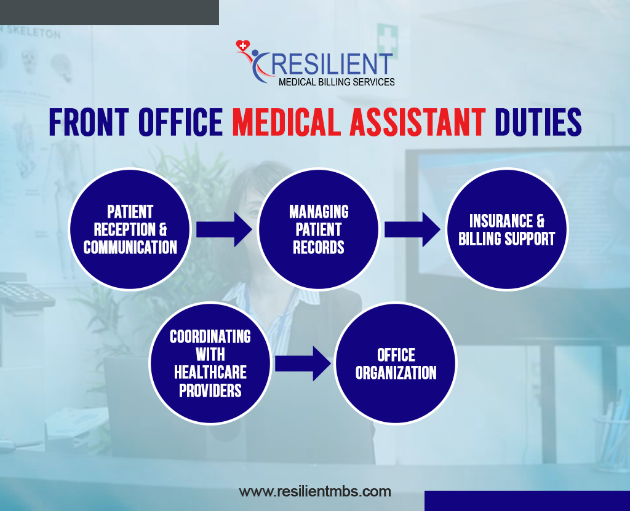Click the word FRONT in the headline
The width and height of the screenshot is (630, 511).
(89, 122)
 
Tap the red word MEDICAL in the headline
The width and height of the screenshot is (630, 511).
(287, 122)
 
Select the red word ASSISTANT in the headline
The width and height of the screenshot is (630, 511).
(418, 122)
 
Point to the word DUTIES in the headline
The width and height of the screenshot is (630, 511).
(538, 122)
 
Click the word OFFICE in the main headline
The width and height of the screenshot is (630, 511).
(180, 122)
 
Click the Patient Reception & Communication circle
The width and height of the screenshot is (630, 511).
(130, 229)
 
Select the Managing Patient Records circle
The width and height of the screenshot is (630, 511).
(319, 229)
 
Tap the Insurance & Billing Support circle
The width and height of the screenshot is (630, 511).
(507, 229)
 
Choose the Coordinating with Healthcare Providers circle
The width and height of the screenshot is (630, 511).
(210, 363)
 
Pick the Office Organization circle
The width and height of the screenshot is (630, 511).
(396, 363)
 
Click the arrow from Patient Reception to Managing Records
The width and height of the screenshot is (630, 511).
(224, 229)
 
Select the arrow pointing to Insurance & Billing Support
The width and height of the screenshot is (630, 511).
(413, 229)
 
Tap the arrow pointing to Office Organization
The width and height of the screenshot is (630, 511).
(303, 363)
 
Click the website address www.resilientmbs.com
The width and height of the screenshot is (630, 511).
(315, 491)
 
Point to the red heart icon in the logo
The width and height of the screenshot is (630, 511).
(242, 46)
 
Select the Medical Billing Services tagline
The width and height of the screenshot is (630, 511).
(337, 82)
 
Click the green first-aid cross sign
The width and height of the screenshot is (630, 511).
(388, 39)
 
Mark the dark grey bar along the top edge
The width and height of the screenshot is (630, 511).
(110, 12)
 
